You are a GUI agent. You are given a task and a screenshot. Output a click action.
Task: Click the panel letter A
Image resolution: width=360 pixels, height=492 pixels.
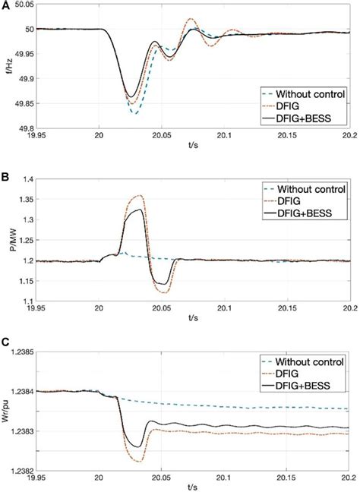click(x=6, y=5)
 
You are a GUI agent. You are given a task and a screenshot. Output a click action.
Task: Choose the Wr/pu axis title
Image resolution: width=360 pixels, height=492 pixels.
click(x=7, y=408)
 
